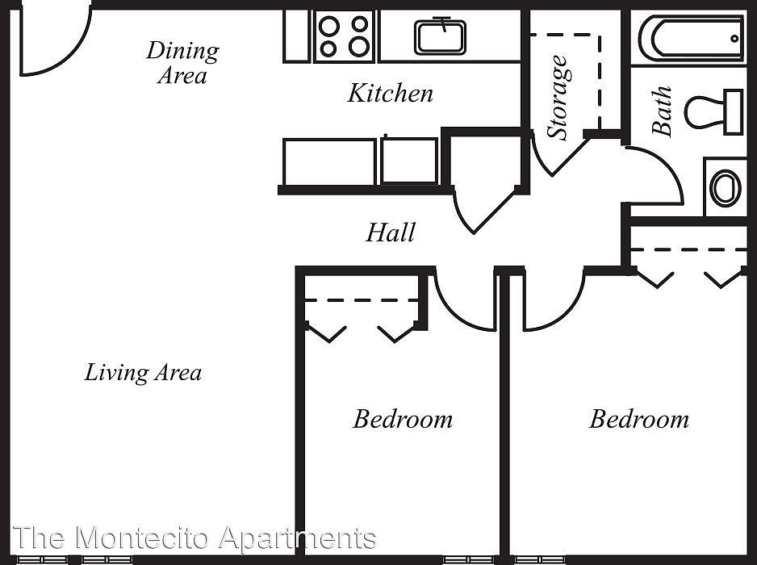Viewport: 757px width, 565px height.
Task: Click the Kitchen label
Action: point(390,94)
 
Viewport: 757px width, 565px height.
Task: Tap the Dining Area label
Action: point(182,63)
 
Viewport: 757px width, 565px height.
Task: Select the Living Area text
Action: point(143,373)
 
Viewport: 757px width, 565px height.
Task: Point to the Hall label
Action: point(391,233)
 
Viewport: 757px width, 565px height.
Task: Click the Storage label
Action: point(559,98)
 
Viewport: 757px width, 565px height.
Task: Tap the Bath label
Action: point(662,111)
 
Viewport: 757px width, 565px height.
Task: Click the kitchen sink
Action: point(441,37)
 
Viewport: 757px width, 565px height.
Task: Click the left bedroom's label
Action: point(403,420)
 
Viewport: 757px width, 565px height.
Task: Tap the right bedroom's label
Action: point(638,420)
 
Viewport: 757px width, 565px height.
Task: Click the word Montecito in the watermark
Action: point(142,538)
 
